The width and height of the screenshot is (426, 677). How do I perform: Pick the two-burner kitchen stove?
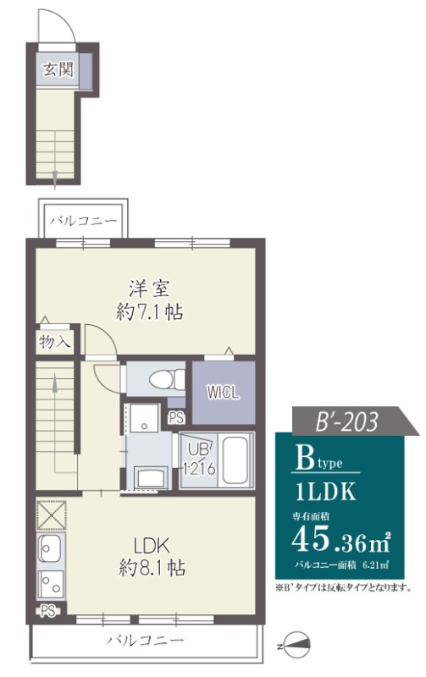click(x=48, y=584)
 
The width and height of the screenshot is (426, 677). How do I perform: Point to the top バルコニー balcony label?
click(x=83, y=221)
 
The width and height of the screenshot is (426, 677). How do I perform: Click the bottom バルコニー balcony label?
click(x=145, y=641)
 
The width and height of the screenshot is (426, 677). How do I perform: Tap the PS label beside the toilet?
click(x=176, y=417)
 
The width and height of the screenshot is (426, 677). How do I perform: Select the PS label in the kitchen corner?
click(x=42, y=611)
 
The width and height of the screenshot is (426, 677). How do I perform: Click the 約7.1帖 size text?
click(x=149, y=311)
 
